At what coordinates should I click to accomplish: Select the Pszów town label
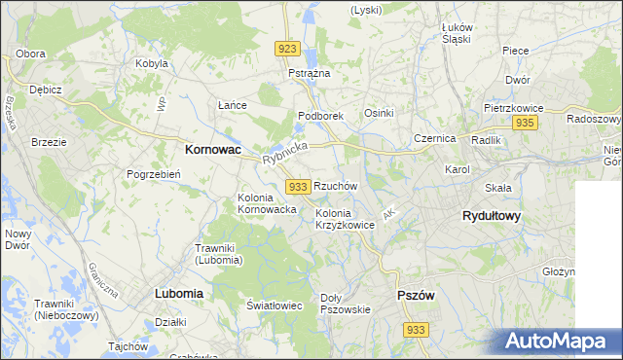point(416,295)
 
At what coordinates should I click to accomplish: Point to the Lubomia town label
point(178,292)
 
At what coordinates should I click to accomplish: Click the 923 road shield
point(286,49)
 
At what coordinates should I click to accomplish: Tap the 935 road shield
point(525,123)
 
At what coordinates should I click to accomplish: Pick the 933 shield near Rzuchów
point(298,186)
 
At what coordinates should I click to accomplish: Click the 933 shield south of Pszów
point(416,330)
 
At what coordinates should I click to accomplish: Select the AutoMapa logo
point(560,342)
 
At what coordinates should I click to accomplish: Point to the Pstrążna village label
point(310,73)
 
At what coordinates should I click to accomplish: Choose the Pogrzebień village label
point(149,174)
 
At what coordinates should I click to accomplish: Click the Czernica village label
point(434,138)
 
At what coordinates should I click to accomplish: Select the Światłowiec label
point(274,306)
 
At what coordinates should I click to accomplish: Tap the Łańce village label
point(232,105)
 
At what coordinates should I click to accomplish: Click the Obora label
point(31,54)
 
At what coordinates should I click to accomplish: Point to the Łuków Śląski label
point(456,33)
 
